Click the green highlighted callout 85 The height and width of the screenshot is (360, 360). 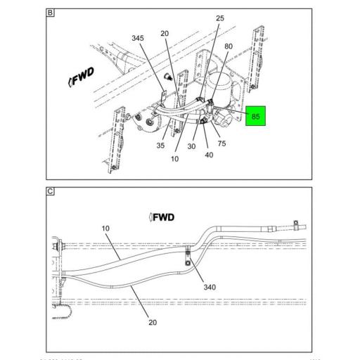[x=255, y=117]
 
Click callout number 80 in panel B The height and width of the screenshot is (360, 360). [x=229, y=48]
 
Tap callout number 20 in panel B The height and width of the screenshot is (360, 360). [x=165, y=32]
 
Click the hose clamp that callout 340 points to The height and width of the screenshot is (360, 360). [x=188, y=257]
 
